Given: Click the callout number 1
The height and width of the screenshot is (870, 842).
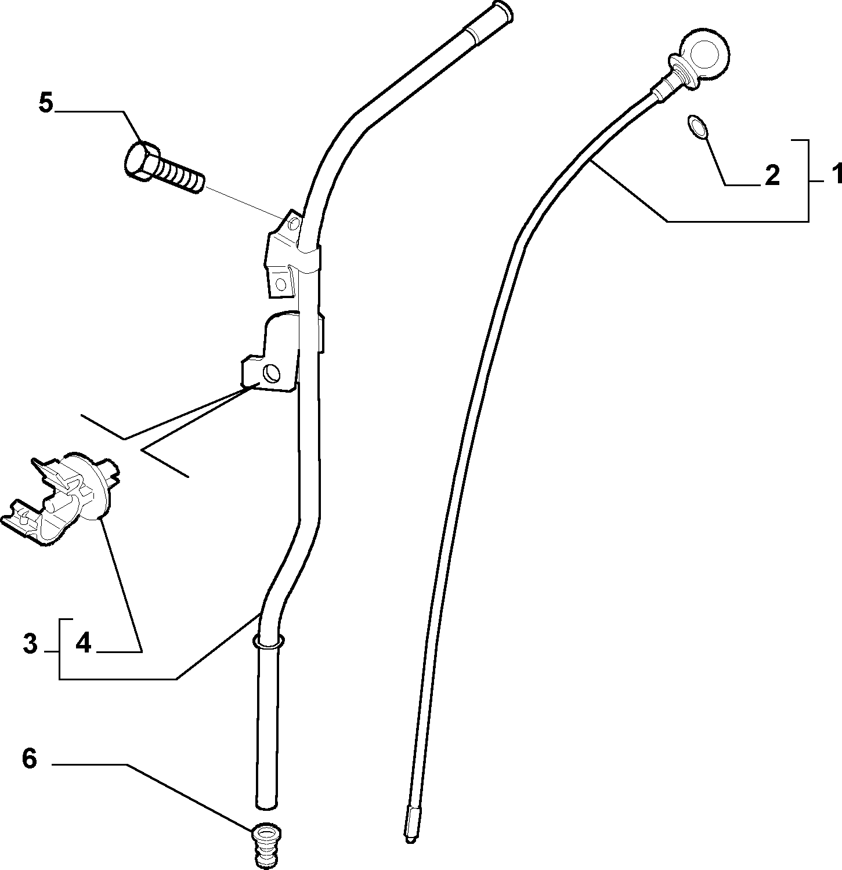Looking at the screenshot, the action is tap(833, 174).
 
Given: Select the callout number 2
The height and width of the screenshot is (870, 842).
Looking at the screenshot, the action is tap(772, 175).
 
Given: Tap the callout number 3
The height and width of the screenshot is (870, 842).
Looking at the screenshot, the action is tap(31, 644).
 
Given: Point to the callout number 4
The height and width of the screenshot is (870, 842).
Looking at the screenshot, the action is tap(83, 643).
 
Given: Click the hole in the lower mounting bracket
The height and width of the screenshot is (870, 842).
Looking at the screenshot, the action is tap(270, 372).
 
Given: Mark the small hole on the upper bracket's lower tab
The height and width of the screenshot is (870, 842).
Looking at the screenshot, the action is tap(281, 284).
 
